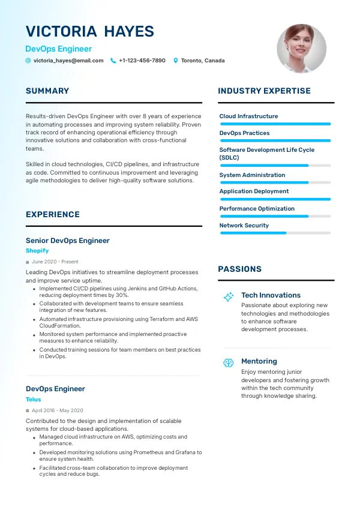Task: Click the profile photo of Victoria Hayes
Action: pyautogui.click(x=301, y=49)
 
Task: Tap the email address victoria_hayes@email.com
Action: pyautogui.click(x=68, y=61)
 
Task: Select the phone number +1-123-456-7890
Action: pyautogui.click(x=142, y=61)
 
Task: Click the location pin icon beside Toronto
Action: pyautogui.click(x=176, y=61)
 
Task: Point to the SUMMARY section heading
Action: pyautogui.click(x=47, y=91)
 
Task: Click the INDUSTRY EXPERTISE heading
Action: pyautogui.click(x=264, y=91)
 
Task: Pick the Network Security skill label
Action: pyautogui.click(x=244, y=226)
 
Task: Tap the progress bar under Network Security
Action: pyautogui.click(x=275, y=233)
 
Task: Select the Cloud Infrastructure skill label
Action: pyautogui.click(x=248, y=116)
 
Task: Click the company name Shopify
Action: pyautogui.click(x=37, y=251)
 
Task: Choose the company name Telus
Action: pyautogui.click(x=34, y=399)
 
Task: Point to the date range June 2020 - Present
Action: pyautogui.click(x=55, y=262)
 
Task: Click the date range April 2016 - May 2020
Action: pyautogui.click(x=58, y=410)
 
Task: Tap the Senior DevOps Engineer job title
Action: pyautogui.click(x=68, y=241)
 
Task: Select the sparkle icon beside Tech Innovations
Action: pyautogui.click(x=228, y=297)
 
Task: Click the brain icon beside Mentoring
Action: pyautogui.click(x=228, y=362)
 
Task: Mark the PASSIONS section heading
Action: pyautogui.click(x=239, y=269)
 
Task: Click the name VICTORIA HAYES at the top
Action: pyautogui.click(x=90, y=32)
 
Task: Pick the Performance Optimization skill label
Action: pyautogui.click(x=257, y=209)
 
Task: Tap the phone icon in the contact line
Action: pyautogui.click(x=113, y=61)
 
